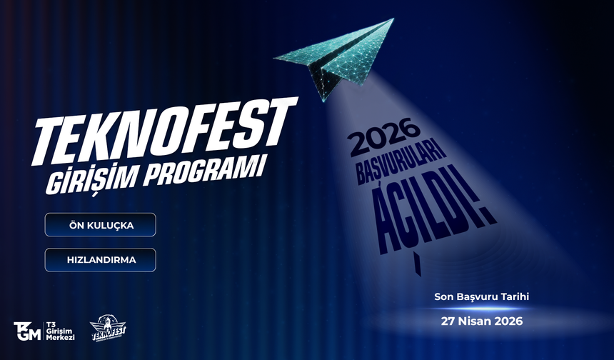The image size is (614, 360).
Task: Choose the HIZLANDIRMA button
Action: tap(100, 260)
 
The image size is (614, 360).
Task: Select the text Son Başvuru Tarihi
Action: tap(482, 296)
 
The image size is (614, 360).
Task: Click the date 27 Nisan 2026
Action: tap(482, 321)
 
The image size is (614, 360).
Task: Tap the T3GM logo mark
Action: tap(27, 330)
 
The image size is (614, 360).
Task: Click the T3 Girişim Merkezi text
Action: tap(61, 330)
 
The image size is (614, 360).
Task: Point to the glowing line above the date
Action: tap(482, 309)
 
